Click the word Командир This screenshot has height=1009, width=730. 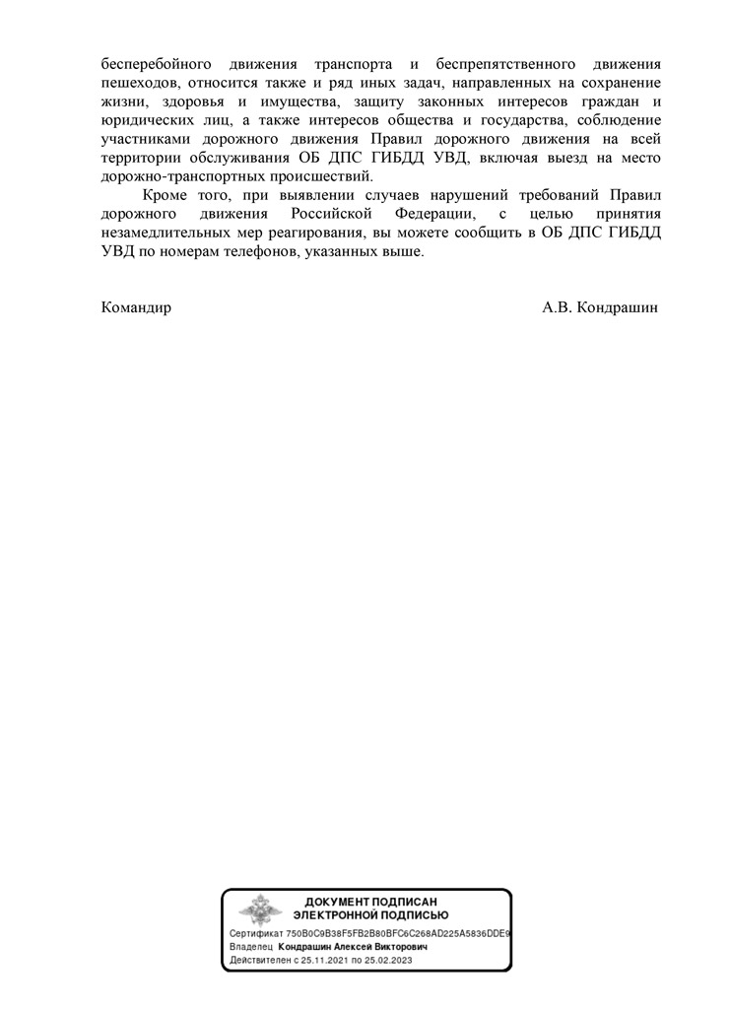[x=136, y=307]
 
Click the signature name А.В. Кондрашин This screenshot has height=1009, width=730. [x=599, y=307]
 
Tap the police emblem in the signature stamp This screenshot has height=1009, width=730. [x=259, y=909]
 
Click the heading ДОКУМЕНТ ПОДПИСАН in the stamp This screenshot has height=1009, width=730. [x=370, y=902]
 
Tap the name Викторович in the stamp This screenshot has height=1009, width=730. [x=395, y=945]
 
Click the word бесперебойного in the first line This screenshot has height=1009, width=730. [x=151, y=61]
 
